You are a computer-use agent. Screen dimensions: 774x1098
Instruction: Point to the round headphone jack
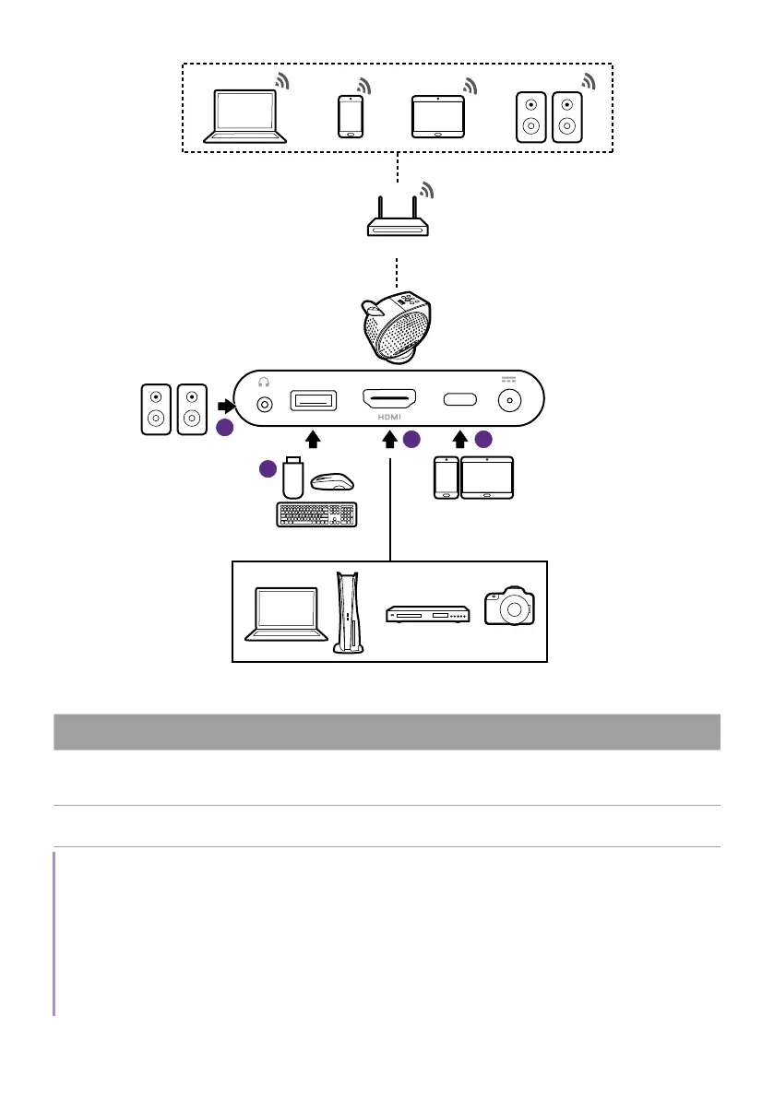(267, 403)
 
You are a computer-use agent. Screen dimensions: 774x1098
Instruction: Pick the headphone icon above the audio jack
(267, 382)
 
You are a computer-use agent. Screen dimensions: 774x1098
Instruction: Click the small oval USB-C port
(458, 400)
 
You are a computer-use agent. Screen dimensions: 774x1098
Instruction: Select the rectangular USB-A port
(314, 401)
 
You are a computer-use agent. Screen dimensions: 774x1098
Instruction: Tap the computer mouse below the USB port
(333, 481)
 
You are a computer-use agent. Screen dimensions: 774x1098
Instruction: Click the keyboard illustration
(319, 514)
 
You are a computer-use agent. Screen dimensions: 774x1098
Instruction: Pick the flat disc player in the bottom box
(429, 614)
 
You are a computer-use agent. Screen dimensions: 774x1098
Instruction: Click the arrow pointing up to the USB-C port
(458, 439)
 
